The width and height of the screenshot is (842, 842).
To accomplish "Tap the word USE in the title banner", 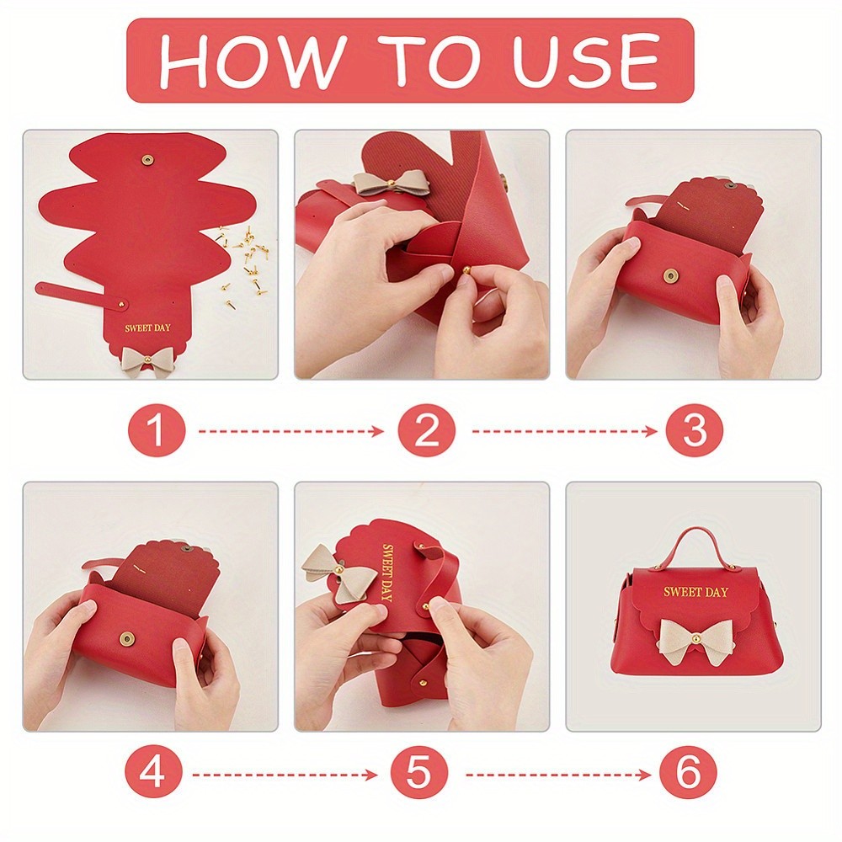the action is pos(585,60).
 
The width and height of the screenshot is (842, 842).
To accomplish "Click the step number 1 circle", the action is pos(157,430).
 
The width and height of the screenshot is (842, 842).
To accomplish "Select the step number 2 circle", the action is pos(426,430).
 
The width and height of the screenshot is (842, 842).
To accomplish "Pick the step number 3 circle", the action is pos(695,430).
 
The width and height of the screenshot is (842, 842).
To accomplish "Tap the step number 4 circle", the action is pos(153,774).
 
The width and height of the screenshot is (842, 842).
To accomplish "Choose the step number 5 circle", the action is pos(418,774).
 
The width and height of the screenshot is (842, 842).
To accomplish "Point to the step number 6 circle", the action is pos(688,774).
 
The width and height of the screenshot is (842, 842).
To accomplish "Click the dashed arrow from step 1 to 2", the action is pos(291,430).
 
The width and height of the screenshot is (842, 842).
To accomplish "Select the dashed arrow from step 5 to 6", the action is pos(558,775).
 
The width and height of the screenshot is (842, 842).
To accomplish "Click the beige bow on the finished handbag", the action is pos(695,641).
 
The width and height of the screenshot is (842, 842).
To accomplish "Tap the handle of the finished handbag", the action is pos(696,543).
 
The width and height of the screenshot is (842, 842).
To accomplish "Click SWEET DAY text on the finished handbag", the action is pos(695,592).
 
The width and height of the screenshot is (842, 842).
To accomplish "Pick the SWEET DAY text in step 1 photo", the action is pos(147,328).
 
